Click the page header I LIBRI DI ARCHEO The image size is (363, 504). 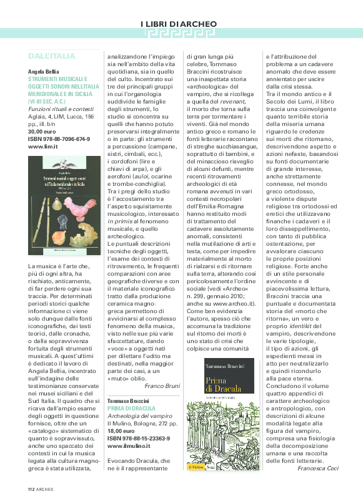(182, 24)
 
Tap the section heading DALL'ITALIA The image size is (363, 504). (52, 56)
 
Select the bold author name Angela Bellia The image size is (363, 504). (47, 72)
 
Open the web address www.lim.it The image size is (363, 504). (43, 147)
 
